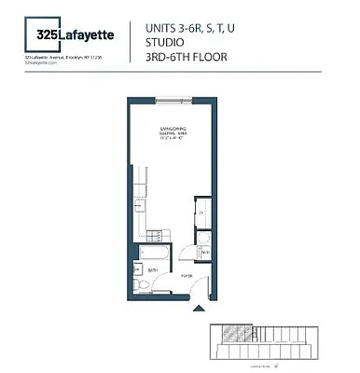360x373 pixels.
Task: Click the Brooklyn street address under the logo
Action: [x=62, y=56]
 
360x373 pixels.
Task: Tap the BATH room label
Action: [x=153, y=269]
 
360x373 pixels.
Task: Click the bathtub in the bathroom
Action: [x=154, y=251]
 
